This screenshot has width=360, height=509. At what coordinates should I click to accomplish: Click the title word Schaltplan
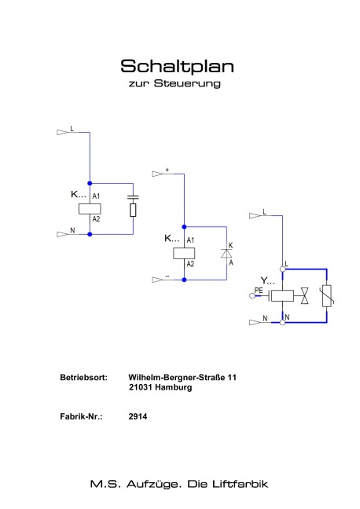tap(177, 67)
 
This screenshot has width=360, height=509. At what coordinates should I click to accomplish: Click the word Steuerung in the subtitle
tap(187, 83)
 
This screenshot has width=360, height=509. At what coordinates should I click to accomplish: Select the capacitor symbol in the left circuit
tap(133, 196)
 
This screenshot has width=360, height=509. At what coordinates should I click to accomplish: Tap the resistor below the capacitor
tap(133, 210)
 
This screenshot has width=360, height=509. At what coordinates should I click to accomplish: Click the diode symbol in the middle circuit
tap(226, 253)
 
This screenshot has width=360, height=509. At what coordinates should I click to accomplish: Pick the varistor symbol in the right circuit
tap(327, 295)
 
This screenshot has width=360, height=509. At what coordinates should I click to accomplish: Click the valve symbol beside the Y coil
tap(304, 295)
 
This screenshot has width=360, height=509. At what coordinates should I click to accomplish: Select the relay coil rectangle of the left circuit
tap(90, 209)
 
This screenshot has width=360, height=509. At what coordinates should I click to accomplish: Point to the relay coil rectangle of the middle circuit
tap(184, 253)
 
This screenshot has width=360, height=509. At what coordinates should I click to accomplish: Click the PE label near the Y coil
tap(259, 290)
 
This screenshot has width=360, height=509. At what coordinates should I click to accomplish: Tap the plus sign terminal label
tap(167, 170)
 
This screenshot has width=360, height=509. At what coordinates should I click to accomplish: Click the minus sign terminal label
tap(167, 276)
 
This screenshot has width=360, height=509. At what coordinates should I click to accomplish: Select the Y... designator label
tap(267, 280)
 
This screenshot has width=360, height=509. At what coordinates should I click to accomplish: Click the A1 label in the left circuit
tap(96, 196)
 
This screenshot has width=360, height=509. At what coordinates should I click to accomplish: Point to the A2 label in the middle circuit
tap(190, 264)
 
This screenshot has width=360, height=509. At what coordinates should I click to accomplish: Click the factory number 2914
tap(138, 416)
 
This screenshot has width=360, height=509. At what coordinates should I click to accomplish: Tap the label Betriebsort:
tap(84, 378)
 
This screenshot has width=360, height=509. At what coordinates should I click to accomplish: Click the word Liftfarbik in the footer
tap(241, 484)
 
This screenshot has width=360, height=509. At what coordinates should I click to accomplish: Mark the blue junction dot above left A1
tap(90, 183)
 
